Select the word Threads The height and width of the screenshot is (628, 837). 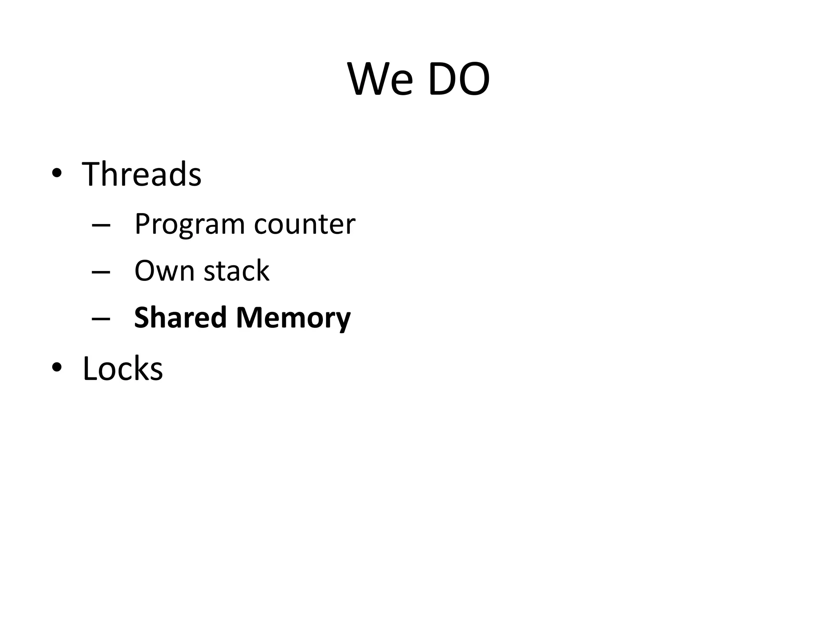pos(141,174)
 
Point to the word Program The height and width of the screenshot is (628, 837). pos(189,224)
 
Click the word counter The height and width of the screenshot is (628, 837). pos(304,224)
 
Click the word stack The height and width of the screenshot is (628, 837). pos(236,271)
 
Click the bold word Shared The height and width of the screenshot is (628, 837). pos(180,317)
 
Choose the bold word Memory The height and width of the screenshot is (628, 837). pos(293,318)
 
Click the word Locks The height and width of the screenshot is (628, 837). pos(123,368)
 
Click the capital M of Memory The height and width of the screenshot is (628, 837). pos(250,317)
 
